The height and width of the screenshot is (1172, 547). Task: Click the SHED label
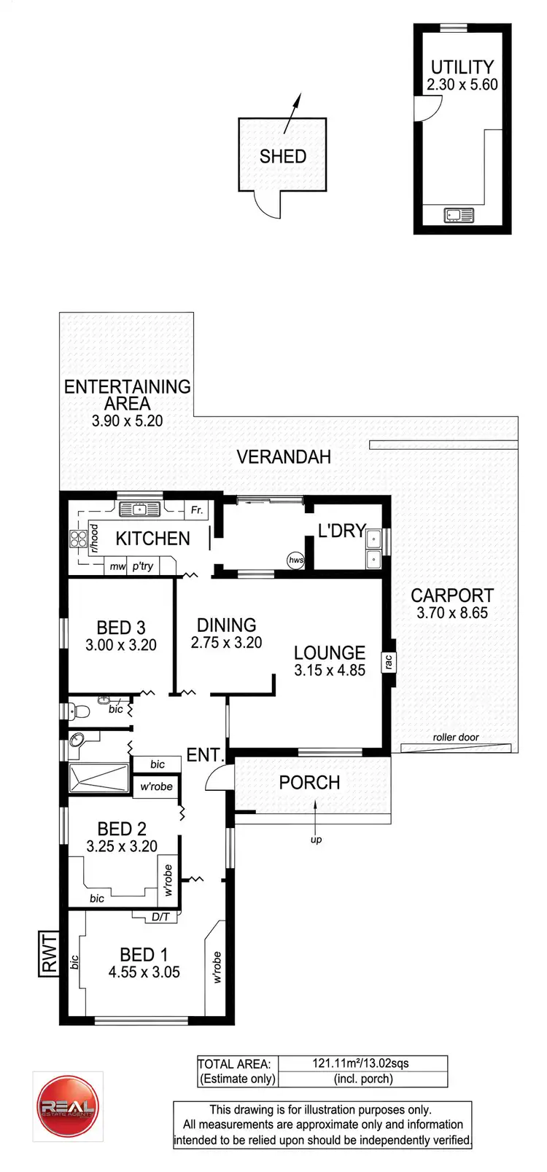(x=282, y=156)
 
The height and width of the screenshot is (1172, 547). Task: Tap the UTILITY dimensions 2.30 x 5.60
(x=462, y=85)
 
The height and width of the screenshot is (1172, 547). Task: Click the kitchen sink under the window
(x=140, y=509)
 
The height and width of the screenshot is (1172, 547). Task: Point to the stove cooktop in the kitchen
(x=78, y=539)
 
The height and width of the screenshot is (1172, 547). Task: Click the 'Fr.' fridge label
(x=196, y=510)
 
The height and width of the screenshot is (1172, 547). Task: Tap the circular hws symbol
(x=295, y=560)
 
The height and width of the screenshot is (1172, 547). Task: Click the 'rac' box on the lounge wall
(x=389, y=662)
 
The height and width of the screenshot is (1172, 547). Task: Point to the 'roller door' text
(x=456, y=737)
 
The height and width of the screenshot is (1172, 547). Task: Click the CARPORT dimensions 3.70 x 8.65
(x=452, y=613)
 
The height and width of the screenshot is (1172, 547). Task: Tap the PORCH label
(x=309, y=783)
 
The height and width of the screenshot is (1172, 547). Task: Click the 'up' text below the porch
(x=316, y=840)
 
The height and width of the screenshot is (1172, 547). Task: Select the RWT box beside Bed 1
(x=49, y=954)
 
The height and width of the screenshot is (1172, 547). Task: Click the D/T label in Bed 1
(x=160, y=917)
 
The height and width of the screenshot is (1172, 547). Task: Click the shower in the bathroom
(x=98, y=778)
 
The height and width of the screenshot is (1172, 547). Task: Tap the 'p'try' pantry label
(x=143, y=566)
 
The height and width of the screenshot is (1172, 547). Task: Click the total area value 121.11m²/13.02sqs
(x=360, y=1063)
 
